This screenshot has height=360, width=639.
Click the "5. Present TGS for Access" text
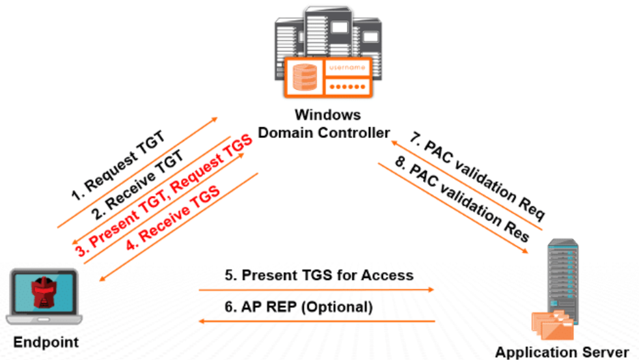[x=319, y=275]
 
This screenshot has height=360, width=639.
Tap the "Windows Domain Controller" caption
[x=324, y=124]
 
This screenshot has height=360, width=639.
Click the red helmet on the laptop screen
[x=44, y=294]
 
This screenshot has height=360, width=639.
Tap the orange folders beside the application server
[x=550, y=325]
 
